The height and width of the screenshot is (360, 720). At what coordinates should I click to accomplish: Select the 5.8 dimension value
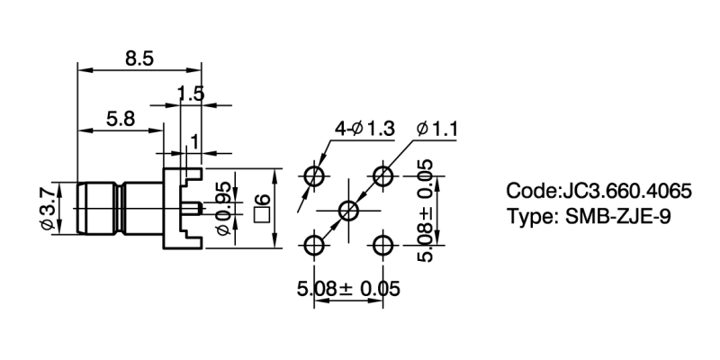(120, 118)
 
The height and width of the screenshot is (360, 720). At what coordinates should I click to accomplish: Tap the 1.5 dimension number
(191, 93)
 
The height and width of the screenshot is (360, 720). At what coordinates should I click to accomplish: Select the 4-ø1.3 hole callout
(364, 130)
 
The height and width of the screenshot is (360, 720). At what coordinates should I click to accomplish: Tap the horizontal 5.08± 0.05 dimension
(348, 289)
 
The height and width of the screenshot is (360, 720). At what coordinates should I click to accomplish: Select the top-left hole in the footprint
(314, 175)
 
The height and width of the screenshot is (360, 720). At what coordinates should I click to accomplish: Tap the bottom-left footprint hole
(314, 246)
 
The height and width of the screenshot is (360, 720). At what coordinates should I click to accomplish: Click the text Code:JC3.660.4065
(598, 192)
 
